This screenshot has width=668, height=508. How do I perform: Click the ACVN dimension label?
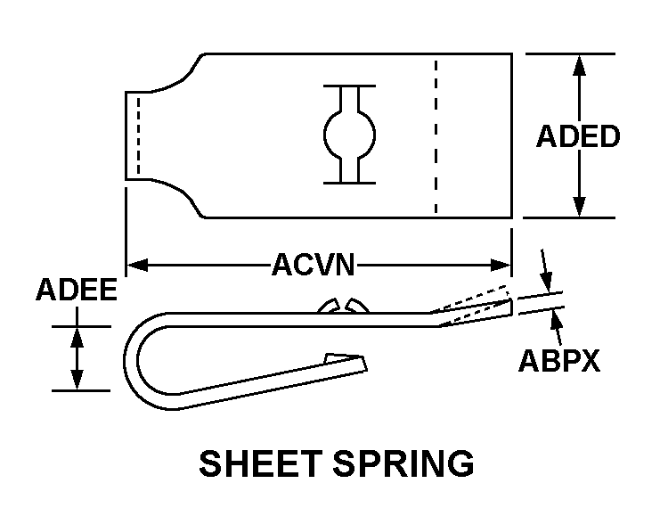coord(314,265)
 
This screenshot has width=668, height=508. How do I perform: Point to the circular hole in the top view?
coord(349,135)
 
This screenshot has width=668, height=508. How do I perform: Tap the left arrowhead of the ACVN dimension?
coord(136,265)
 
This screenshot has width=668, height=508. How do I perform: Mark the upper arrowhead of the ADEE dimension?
coord(77,337)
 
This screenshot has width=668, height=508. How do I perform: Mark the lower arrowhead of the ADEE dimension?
coord(77,380)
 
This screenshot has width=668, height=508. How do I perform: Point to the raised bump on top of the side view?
coord(342,306)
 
